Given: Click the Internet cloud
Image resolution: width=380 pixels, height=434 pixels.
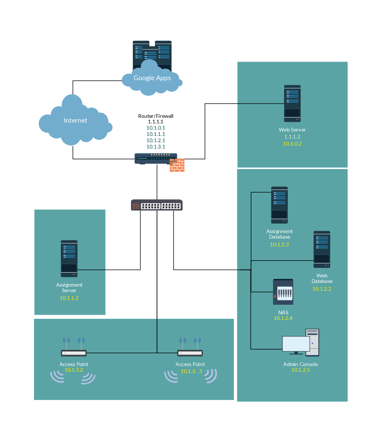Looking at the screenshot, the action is point(75,120).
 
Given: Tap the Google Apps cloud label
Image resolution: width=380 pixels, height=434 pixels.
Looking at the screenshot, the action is point(152,78).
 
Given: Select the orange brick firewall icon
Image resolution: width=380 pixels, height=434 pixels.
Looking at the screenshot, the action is point(177,165).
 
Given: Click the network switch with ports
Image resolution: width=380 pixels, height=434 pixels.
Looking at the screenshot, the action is point(157,205).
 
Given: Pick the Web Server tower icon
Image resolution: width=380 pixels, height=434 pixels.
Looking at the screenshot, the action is point(292,103).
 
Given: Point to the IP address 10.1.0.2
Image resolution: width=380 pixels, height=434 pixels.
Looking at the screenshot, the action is point(292,144).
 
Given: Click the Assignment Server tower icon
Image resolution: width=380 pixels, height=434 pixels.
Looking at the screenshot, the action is point(69,259).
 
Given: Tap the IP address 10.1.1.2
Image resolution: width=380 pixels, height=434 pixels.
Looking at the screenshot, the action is point(69,298).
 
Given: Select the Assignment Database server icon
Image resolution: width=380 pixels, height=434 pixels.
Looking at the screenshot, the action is point(279,205).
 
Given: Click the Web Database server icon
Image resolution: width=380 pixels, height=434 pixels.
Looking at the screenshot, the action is point(322,249).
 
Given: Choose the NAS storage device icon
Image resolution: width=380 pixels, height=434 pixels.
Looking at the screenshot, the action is point(283,292).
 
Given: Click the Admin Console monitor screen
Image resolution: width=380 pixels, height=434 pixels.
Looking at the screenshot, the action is point(296,344).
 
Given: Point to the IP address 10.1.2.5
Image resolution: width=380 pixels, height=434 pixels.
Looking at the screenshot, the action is point(300,370).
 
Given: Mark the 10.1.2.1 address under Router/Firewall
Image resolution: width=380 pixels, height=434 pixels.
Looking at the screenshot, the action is point(156,140).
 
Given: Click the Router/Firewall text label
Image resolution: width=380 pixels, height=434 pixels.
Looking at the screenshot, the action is point(156,116).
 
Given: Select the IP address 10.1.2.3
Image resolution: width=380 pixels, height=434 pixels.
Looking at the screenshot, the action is point(279,245).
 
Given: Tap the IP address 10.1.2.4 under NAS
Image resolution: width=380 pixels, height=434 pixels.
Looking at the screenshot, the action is point(283,318).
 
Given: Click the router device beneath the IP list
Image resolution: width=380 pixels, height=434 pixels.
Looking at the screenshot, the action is point(156,158).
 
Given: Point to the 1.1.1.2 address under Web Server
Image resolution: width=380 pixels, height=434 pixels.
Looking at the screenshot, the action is point(292,137).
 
